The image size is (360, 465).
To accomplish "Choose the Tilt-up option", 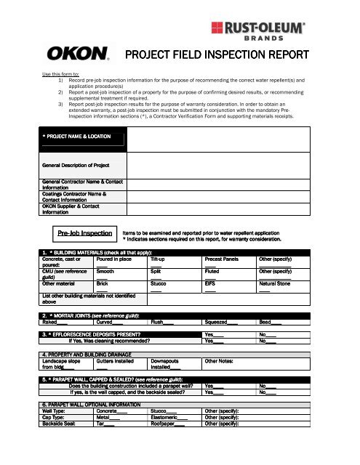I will pos(161,258).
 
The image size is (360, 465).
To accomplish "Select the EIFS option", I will pos(211,285).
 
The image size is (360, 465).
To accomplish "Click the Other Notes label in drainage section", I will pos(223,360).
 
